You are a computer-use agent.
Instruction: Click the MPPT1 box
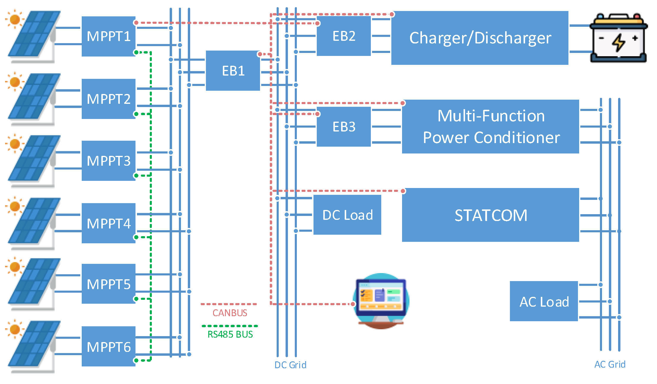108,36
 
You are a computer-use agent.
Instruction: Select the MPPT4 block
108,223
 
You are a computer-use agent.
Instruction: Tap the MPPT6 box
108,346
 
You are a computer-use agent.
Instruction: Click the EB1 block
233,71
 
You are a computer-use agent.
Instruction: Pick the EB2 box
344,36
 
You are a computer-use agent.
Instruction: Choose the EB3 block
344,127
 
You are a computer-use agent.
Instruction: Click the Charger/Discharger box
480,38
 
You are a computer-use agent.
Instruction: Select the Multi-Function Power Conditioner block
490,127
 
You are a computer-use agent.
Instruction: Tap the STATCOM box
490,215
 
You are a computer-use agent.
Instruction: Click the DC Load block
347,215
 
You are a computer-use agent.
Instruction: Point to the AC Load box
544,301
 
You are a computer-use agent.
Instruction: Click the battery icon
619,38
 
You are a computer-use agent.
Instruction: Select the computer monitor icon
381,300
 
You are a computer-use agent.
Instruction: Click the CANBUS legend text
230,313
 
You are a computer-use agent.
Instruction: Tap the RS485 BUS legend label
230,334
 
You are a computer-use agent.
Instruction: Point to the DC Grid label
290,365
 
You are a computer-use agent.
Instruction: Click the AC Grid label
610,364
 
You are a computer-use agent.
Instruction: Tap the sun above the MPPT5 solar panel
14,266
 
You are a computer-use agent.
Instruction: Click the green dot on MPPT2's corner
136,114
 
